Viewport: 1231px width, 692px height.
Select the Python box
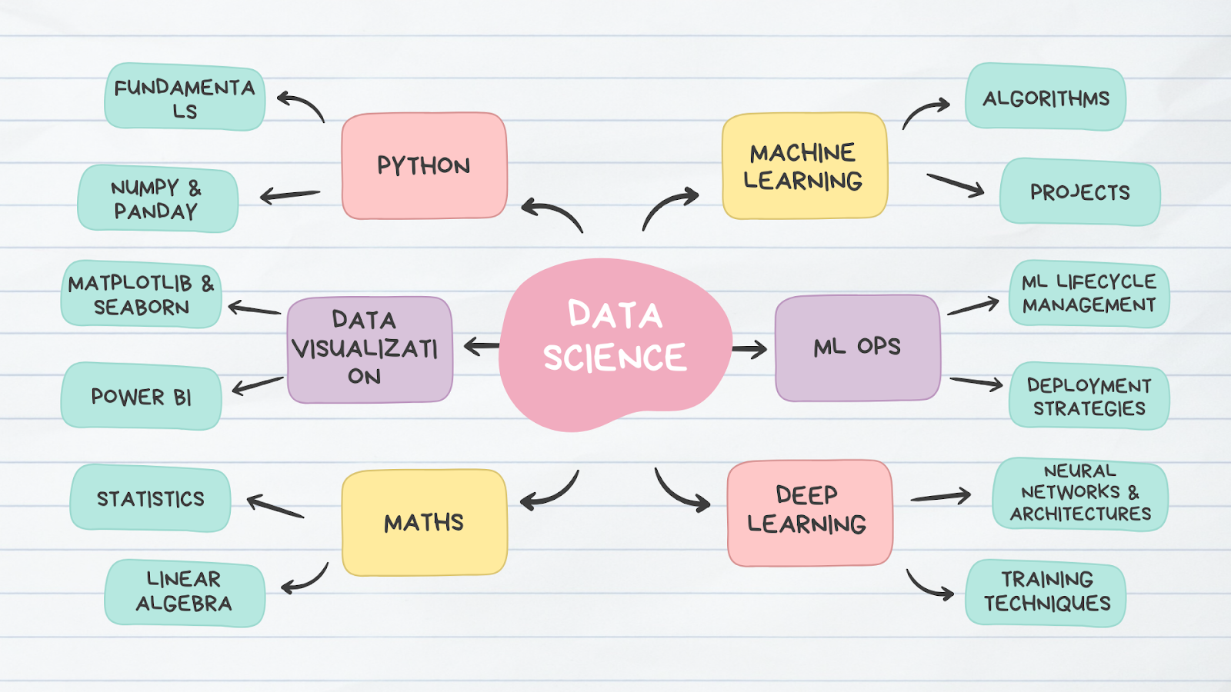(424, 166)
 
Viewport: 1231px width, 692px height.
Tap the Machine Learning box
(804, 166)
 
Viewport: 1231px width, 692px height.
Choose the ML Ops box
(857, 348)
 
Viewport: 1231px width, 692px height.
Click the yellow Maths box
(424, 523)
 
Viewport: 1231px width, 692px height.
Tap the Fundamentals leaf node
(185, 98)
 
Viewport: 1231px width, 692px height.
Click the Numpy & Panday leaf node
(158, 198)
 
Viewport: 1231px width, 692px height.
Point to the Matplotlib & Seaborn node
(141, 294)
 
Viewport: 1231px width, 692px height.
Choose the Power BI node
(141, 397)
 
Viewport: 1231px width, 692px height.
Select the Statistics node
(150, 499)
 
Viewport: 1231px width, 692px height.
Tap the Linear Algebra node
(185, 592)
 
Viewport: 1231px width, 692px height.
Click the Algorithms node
(1046, 98)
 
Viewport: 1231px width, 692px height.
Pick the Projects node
(1079, 192)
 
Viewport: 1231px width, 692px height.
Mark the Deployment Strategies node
(1089, 397)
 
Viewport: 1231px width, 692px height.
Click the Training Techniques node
(1046, 592)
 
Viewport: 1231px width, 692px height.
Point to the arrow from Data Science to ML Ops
(749, 350)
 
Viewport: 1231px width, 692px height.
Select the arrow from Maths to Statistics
(275, 507)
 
